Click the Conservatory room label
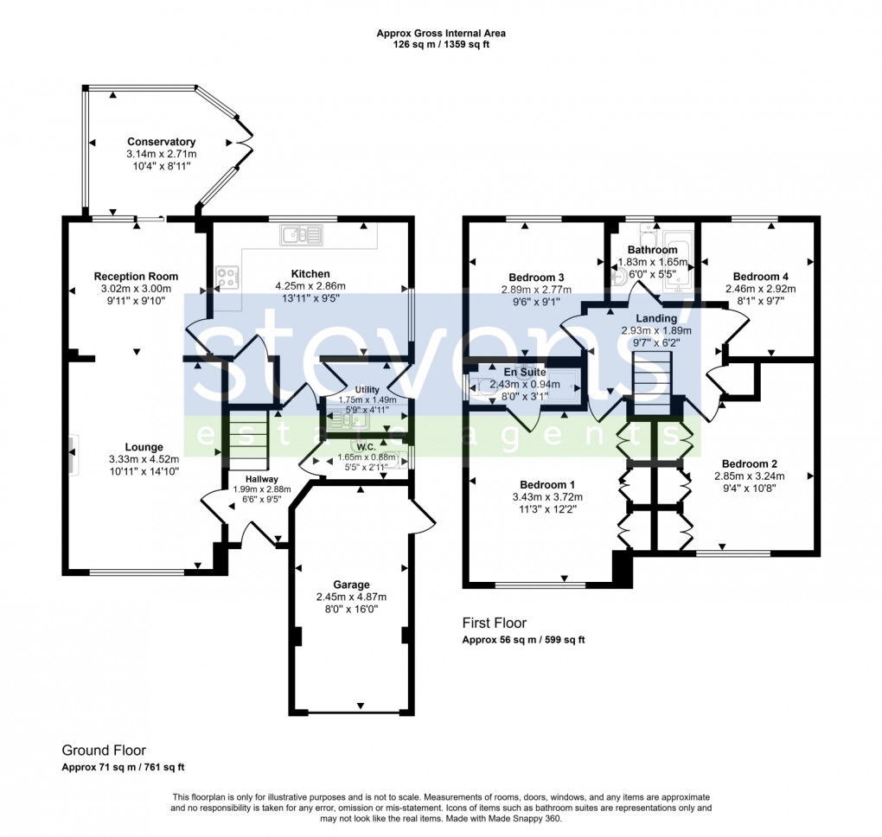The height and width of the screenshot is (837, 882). click(161, 142)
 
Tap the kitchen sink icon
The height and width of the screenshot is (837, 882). click(301, 234)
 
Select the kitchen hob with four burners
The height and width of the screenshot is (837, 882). click(228, 278)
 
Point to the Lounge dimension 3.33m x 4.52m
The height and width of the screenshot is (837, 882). click(144, 459)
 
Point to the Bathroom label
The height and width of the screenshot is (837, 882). click(653, 250)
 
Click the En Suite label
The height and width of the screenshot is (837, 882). click(519, 372)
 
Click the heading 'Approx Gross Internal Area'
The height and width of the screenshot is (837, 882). click(441, 34)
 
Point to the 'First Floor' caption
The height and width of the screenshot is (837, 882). click(494, 623)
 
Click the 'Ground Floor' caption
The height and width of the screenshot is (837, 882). click(104, 750)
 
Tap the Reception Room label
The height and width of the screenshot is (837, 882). click(136, 277)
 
